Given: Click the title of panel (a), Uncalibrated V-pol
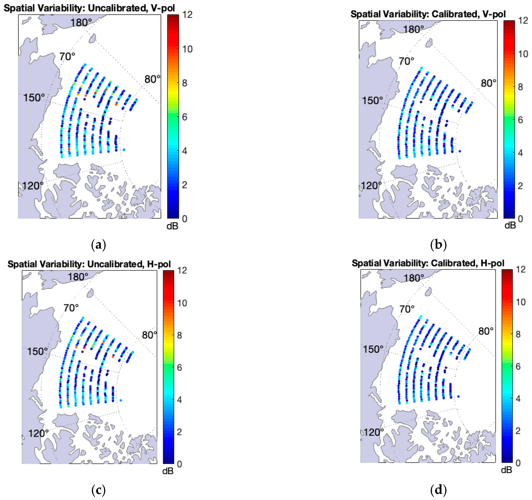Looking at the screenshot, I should pyautogui.click(x=89, y=8).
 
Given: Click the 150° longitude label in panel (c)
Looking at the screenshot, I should pyautogui.click(x=37, y=351).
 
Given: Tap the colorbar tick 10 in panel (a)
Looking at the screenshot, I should pyautogui.click(x=187, y=49).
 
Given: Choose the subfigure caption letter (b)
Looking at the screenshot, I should pyautogui.click(x=438, y=245).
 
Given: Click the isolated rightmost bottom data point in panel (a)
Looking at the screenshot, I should pyautogui.click(x=124, y=150).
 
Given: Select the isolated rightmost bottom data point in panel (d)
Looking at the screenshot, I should pyautogui.click(x=458, y=396).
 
